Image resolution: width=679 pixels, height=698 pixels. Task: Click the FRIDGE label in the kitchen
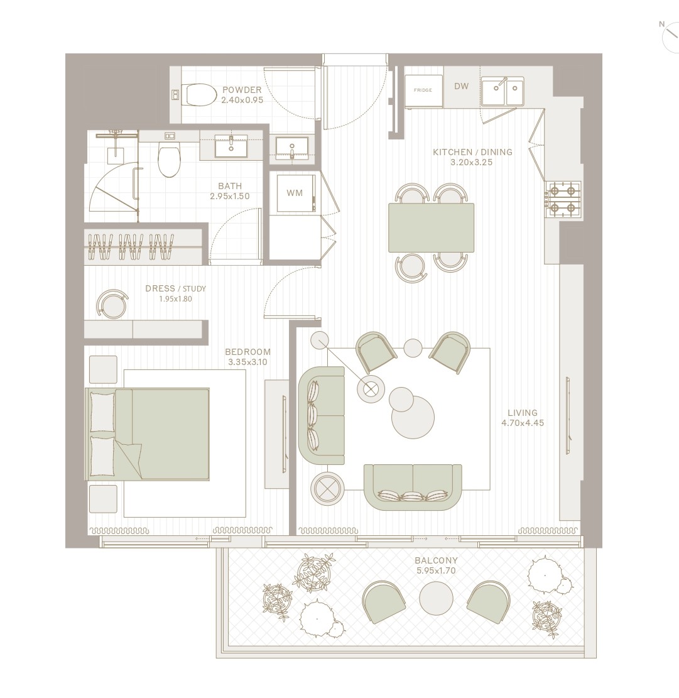click(423, 90)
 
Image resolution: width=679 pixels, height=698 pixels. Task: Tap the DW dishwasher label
click(462, 86)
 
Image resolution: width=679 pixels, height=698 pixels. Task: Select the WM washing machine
click(295, 194)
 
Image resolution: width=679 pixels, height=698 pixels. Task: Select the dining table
click(431, 228)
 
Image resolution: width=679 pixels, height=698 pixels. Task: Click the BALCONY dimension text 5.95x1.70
click(435, 570)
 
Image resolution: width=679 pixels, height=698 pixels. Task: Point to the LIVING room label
click(523, 413)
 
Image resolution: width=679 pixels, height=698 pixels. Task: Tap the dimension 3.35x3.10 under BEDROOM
click(248, 363)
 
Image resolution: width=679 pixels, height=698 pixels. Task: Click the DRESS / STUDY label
click(176, 288)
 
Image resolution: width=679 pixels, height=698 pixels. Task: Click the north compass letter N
click(661, 24)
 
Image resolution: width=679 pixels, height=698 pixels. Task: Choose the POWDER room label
click(242, 90)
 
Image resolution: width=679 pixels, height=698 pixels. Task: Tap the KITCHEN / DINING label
click(472, 152)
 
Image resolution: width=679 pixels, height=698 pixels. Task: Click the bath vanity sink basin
click(231, 146)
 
